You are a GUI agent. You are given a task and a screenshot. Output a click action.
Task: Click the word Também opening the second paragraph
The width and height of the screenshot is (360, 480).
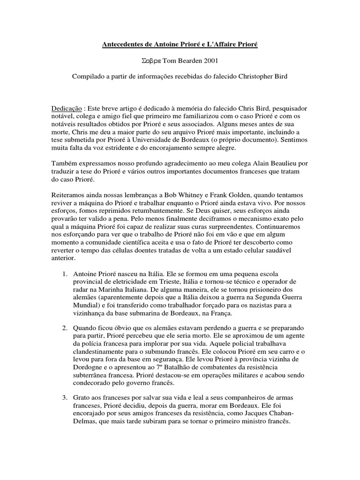(64, 164)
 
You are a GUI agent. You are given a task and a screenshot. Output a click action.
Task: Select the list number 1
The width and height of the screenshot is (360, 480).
(65, 273)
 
